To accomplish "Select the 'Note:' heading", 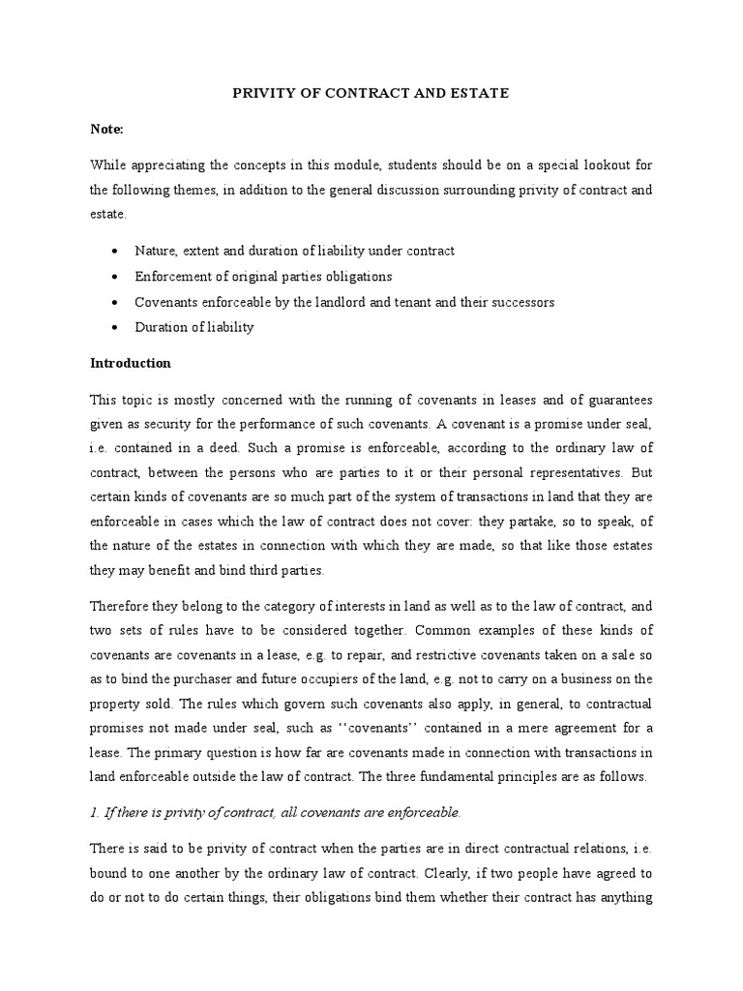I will pyautogui.click(x=106, y=128).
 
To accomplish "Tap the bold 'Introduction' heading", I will pyautogui.click(x=131, y=363).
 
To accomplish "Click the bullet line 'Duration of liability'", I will pyautogui.click(x=194, y=327).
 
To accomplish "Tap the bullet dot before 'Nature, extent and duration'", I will pyautogui.click(x=116, y=252).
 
